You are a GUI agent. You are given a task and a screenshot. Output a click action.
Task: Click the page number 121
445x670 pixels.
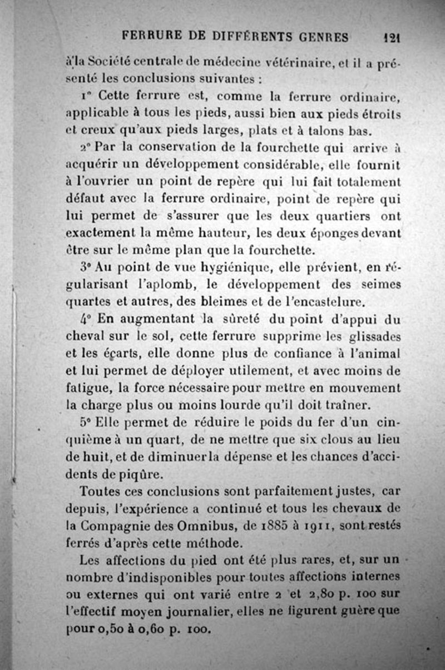point(393,37)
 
